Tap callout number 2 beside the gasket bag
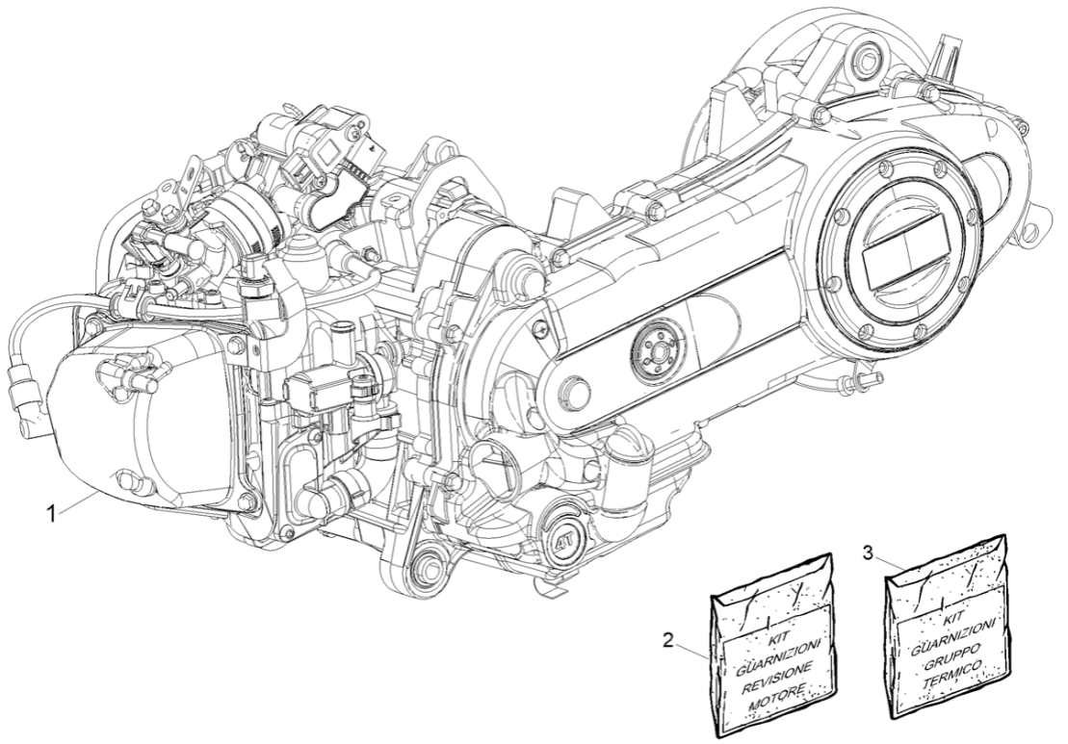(680, 638)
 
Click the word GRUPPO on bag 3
(948, 651)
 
